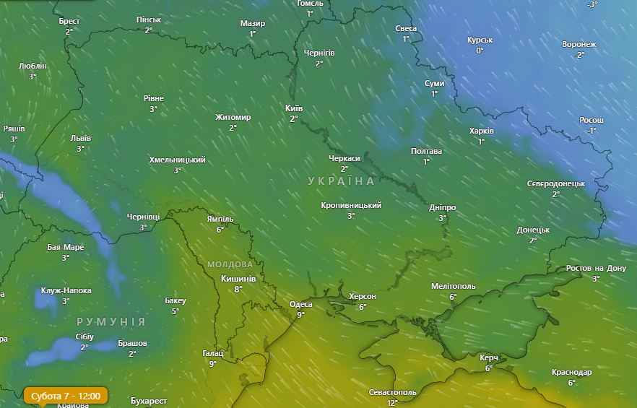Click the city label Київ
[x=294, y=108]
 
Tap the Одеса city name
[x=300, y=304]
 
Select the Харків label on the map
[x=481, y=131]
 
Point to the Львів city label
[x=80, y=138]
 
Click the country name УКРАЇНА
[x=341, y=181]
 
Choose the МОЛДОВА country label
[x=230, y=264]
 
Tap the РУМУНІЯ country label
[x=110, y=321]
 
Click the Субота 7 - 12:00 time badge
[x=66, y=396]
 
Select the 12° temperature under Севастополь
[x=392, y=402]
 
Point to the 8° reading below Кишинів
[x=238, y=289]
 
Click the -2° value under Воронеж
[x=579, y=55]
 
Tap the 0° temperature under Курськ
[x=480, y=51]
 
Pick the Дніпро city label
[x=442, y=207]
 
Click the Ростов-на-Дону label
[x=596, y=268]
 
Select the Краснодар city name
[x=571, y=372]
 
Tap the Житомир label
[x=233, y=117]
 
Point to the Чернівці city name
[x=143, y=217]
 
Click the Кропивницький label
[x=351, y=205]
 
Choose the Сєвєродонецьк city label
[x=555, y=183]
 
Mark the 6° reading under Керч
[x=488, y=368]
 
